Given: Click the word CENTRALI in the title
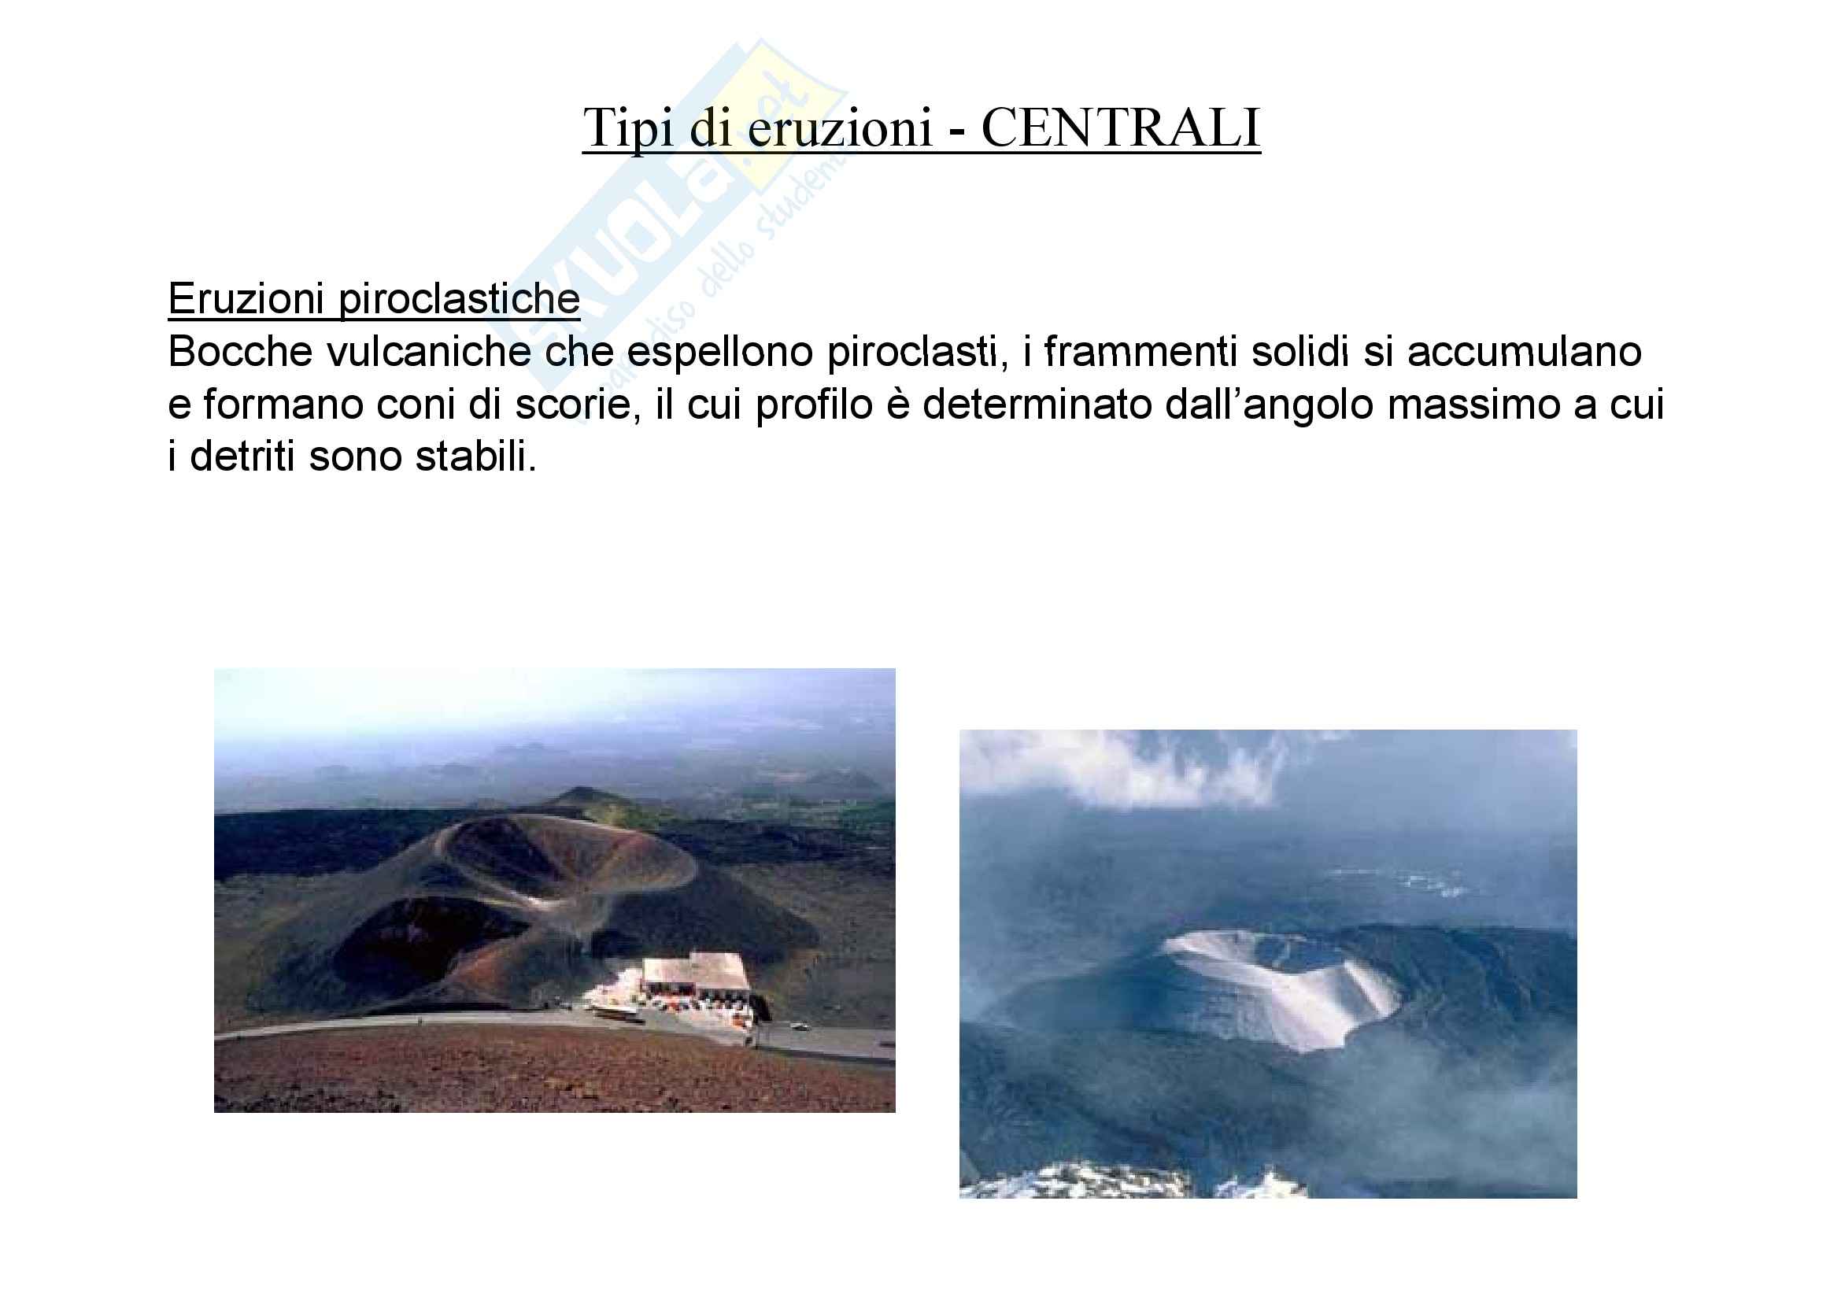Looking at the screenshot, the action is [1121, 128].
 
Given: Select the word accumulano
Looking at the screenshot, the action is [1525, 352].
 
